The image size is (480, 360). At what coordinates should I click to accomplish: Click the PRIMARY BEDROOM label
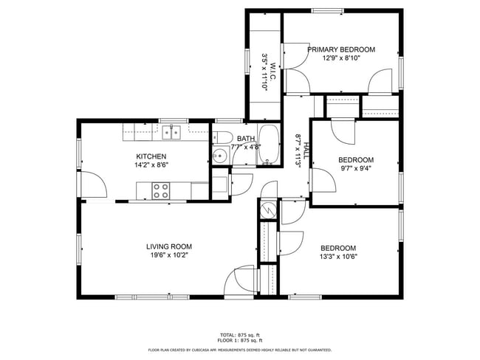pyautogui.click(x=340, y=49)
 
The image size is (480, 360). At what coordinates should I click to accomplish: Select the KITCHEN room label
pyautogui.click(x=150, y=156)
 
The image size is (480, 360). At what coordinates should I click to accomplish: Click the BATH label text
pyautogui.click(x=246, y=138)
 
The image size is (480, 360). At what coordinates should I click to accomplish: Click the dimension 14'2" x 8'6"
pyautogui.click(x=150, y=165)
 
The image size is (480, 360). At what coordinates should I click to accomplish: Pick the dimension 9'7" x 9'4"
pyautogui.click(x=355, y=168)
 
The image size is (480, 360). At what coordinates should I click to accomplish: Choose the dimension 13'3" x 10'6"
pyautogui.click(x=338, y=257)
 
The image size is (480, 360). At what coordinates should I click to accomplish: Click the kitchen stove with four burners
pyautogui.click(x=161, y=191)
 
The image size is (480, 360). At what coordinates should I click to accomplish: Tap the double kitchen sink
pyautogui.click(x=171, y=132)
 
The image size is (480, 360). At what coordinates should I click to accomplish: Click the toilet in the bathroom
pyautogui.click(x=222, y=137)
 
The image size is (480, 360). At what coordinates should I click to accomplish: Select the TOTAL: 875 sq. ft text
pyautogui.click(x=239, y=335)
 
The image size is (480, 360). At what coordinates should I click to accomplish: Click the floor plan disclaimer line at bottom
pyautogui.click(x=239, y=350)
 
